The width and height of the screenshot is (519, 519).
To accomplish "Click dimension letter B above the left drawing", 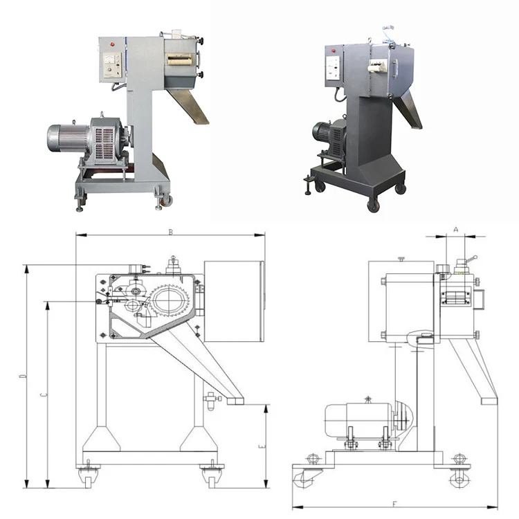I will click(x=170, y=232).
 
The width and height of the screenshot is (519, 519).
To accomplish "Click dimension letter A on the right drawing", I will click(x=456, y=228).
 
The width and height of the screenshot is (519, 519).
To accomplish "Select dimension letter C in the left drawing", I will click(x=43, y=394).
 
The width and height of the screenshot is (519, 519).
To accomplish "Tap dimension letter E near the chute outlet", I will click(x=262, y=447).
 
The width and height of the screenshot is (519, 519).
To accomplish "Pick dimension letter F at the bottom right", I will click(x=394, y=503).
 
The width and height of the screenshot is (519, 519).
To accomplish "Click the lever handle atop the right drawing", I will click(x=469, y=259).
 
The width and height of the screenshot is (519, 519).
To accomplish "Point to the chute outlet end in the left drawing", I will click(x=235, y=401).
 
